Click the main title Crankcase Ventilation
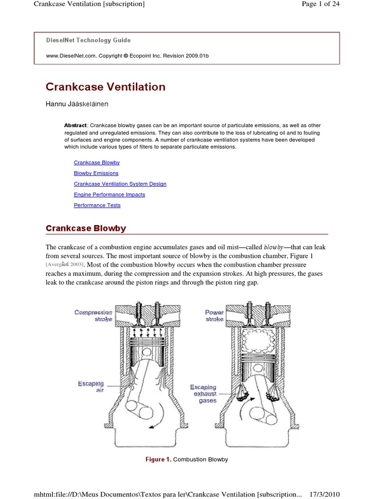105,87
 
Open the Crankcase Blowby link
96,162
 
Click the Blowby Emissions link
96,173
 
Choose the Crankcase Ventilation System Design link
120,184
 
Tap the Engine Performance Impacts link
109,194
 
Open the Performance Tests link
97,205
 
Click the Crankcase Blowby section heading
86,228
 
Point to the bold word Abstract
75,125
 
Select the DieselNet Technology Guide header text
88,40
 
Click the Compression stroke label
93,315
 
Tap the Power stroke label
214,315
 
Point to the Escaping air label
91,387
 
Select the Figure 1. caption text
186,460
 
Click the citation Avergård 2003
65,265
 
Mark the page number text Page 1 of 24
320,4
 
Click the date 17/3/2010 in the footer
324,494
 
